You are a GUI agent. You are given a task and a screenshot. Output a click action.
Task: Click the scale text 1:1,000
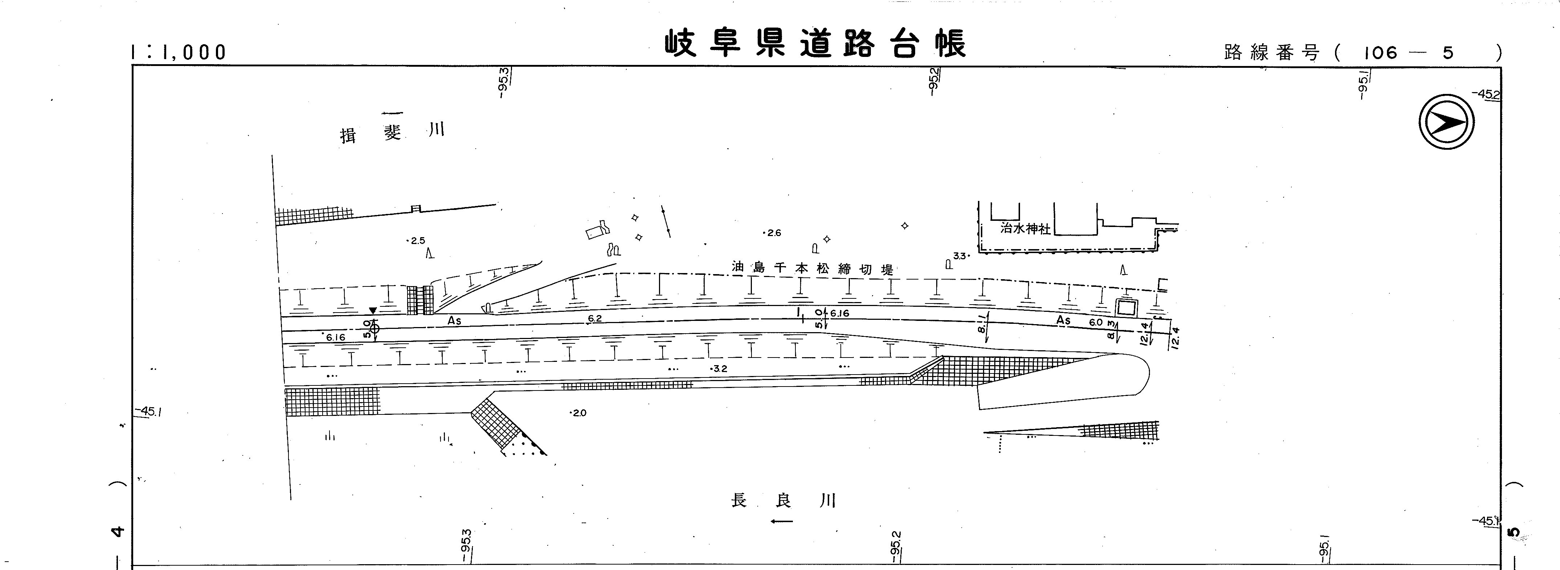pos(179,53)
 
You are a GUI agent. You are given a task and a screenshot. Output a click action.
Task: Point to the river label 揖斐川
pos(392,132)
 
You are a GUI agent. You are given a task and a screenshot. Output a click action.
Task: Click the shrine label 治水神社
pos(1025,229)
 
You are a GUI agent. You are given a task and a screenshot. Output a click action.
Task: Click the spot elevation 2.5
pos(417,241)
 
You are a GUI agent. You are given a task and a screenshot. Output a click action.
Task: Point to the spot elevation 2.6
pos(773,233)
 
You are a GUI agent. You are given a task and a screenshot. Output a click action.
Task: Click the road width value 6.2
pos(595,319)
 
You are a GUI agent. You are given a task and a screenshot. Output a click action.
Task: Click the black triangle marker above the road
pos(373,310)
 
